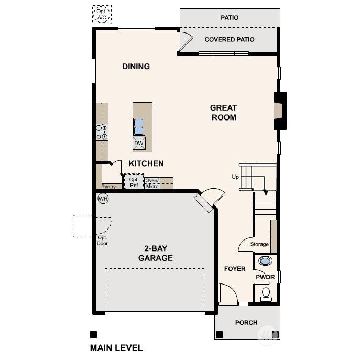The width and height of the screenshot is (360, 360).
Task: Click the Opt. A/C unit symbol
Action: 102,15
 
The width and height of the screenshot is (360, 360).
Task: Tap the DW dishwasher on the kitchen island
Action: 139,143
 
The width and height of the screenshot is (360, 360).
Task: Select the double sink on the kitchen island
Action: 139,126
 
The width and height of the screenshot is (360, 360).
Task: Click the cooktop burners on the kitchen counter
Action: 102,132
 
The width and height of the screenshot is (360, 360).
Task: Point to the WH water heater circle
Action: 103,199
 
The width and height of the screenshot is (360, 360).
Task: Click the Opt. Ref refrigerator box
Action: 134,182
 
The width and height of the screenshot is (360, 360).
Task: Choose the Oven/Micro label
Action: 152,183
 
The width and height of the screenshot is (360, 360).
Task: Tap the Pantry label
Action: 108,187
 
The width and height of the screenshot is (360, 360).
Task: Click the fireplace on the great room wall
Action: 280,111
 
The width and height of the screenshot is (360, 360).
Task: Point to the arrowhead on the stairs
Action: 266,193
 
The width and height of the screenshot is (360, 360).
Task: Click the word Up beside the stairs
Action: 235,177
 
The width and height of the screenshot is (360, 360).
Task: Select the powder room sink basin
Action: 265,261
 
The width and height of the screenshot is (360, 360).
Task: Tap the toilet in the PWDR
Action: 266,294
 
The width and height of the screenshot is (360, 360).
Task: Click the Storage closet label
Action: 259,244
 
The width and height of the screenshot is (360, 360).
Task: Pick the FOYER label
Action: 235,269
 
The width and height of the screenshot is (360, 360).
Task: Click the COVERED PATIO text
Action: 230,39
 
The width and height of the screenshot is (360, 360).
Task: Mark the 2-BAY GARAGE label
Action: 156,253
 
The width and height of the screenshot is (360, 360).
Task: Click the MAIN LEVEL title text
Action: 116,348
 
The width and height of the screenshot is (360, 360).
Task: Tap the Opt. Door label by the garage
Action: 102,241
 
